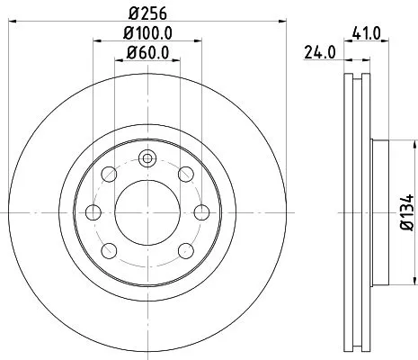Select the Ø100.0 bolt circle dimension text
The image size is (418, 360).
[147, 34]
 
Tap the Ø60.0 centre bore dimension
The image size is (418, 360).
[147, 53]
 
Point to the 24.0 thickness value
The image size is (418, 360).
[319, 52]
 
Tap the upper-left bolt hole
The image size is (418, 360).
[110, 174]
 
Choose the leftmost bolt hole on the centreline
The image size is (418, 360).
[92, 212]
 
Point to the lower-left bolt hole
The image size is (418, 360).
[110, 250]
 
